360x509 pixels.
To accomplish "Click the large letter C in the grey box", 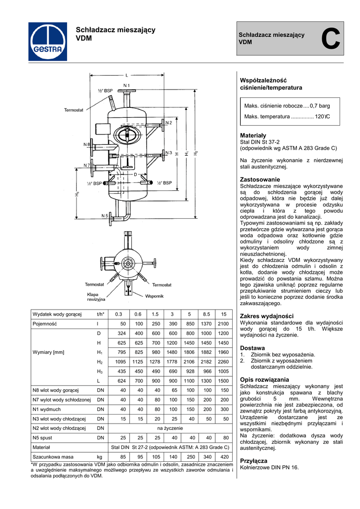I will (x=331, y=40).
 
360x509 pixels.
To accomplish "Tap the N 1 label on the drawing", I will (x=126, y=85).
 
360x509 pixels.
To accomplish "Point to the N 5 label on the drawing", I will (x=105, y=216).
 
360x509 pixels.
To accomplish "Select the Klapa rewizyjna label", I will (x=96, y=297).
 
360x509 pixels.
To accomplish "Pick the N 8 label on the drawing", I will (x=86, y=145).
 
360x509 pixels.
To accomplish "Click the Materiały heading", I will (x=253, y=135).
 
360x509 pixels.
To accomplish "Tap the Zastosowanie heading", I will (x=260, y=179).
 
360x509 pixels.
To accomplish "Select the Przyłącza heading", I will (x=254, y=461).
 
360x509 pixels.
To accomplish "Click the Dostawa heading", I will (x=252, y=348).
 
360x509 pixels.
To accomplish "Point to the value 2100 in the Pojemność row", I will (x=224, y=324).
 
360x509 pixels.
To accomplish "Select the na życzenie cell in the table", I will (x=170, y=427).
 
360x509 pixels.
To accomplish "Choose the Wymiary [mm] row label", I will (x=48, y=352).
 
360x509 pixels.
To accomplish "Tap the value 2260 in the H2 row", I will (x=224, y=361).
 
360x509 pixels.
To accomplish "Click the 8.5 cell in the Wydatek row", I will (x=206, y=314).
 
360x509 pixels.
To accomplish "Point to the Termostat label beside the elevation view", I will (x=73, y=110).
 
